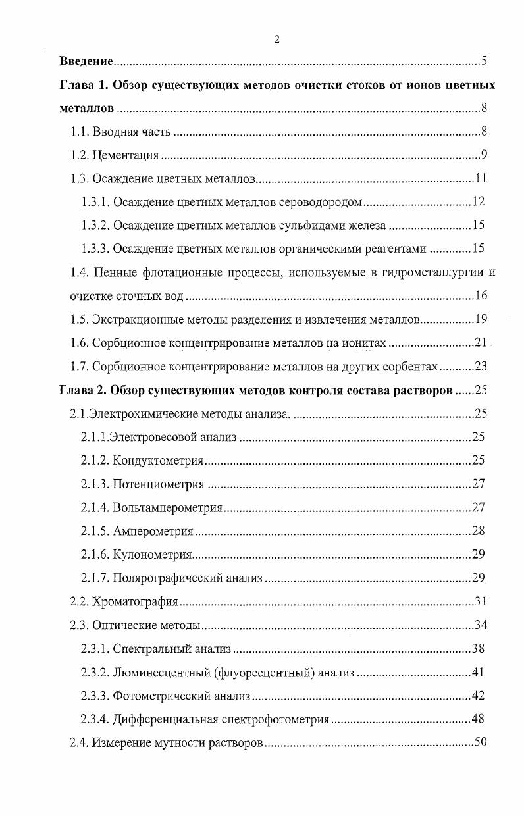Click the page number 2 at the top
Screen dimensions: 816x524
276,39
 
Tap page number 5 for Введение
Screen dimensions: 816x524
484,63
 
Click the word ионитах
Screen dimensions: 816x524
366,343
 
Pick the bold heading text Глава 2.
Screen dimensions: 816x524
83,390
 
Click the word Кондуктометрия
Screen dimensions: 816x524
158,460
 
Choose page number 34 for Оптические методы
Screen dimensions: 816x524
481,625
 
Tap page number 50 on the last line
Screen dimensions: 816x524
481,742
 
